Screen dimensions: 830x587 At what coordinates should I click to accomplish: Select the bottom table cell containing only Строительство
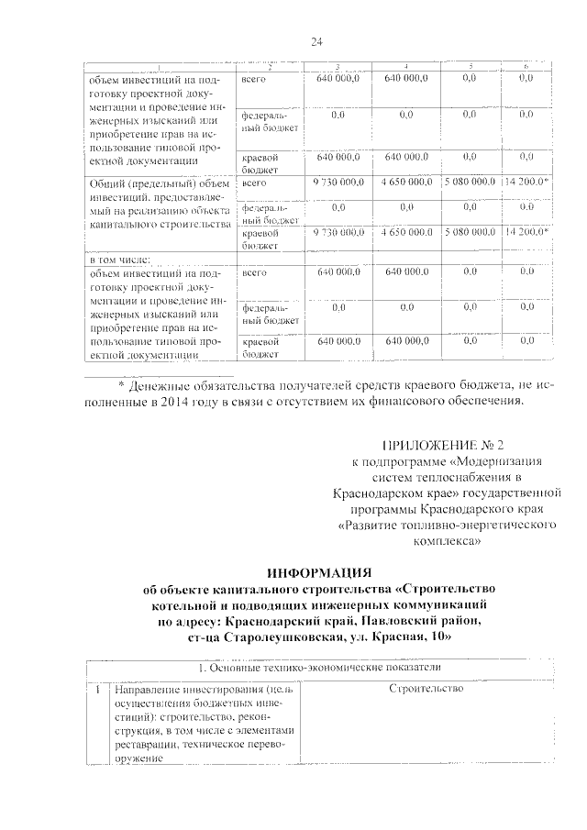coord(426,689)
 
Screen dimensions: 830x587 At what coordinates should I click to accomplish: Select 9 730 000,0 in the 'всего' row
coord(339,183)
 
